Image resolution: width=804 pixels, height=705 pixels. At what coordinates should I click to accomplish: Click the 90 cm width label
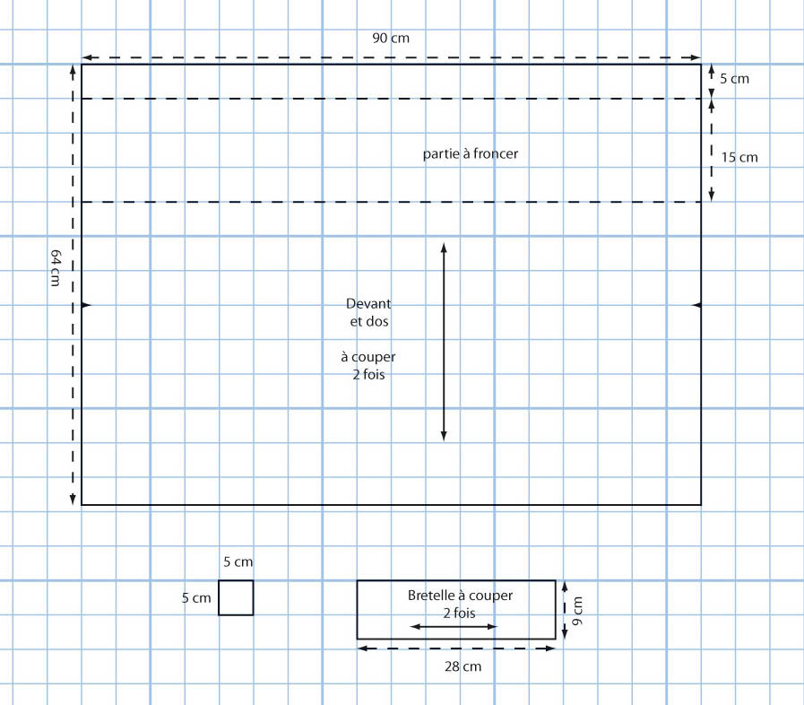click(392, 38)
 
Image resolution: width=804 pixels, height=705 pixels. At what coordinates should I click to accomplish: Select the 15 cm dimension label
click(739, 157)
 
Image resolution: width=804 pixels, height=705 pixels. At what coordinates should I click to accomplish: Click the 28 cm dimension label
click(463, 666)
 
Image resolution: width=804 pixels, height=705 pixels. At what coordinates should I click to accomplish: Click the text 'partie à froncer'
click(471, 154)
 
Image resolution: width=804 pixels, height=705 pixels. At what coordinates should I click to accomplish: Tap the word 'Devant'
click(368, 303)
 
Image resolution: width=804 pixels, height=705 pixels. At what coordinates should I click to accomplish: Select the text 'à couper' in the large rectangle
click(368, 356)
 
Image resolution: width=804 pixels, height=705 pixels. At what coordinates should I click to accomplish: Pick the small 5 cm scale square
click(236, 597)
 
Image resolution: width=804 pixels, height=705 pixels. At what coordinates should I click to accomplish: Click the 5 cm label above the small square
click(238, 562)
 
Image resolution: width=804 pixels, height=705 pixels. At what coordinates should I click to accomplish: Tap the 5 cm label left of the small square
click(196, 597)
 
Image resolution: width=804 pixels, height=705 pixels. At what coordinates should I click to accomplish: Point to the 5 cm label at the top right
click(734, 79)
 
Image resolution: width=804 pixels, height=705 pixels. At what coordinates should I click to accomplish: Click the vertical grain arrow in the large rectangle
click(444, 341)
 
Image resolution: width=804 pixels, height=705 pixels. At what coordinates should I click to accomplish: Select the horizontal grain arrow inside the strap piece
click(454, 626)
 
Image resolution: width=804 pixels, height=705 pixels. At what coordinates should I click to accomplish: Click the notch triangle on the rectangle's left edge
click(87, 306)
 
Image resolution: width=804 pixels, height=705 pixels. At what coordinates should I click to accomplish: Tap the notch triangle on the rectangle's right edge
click(696, 306)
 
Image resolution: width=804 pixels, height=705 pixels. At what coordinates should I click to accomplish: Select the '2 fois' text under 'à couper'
click(368, 374)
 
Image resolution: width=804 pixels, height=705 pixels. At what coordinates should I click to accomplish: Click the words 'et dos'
click(369, 321)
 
